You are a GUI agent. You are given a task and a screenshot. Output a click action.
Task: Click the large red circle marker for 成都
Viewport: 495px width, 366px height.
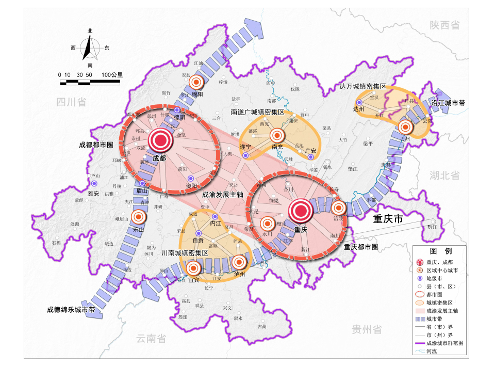(159, 139)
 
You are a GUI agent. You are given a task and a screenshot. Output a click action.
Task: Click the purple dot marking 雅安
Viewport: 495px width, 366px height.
(94, 184)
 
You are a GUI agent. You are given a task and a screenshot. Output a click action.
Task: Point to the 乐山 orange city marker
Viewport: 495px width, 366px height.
(138, 217)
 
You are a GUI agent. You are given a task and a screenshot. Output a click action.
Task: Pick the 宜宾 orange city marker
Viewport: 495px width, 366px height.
(193, 268)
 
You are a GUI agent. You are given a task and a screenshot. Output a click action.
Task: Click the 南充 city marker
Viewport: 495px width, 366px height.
(277, 135)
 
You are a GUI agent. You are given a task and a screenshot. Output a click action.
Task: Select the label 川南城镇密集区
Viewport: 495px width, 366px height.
(185, 253)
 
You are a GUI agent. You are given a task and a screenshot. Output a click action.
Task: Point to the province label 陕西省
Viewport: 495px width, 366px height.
(445, 25)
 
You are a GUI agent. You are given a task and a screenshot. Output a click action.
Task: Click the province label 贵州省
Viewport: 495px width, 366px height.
(367, 329)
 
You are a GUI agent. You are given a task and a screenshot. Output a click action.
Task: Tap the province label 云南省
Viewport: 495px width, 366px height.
(151, 339)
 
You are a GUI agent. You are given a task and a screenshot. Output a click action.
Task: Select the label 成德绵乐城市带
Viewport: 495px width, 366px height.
(71, 310)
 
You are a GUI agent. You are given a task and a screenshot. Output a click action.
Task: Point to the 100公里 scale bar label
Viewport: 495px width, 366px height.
(112, 75)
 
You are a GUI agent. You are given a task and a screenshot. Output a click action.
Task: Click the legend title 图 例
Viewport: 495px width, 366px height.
(440, 251)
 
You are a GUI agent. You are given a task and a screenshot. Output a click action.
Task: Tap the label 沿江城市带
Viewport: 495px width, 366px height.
(449, 103)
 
